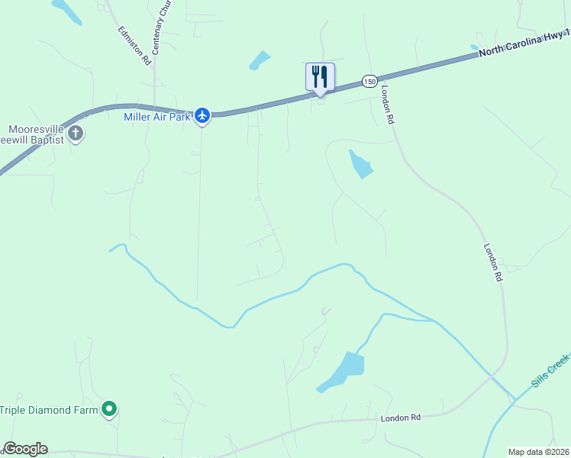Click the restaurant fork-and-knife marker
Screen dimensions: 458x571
pos(320,77)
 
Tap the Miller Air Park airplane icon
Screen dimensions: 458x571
pos(202,115)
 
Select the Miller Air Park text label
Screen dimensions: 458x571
pos(156,117)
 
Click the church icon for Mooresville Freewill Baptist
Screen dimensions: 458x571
pos(76,134)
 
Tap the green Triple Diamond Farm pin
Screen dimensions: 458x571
pos(109,410)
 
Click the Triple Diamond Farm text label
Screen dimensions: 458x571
pos(49,410)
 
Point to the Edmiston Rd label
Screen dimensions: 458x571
pos(134,46)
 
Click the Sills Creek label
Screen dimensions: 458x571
pos(550,370)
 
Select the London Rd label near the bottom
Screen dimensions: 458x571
pos(401,418)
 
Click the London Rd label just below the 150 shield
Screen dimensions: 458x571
pos(388,104)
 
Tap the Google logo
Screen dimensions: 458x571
pos(24,449)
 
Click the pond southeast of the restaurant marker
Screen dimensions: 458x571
pos(360,163)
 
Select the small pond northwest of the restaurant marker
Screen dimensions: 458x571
pos(260,60)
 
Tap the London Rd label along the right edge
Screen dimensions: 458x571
pos(492,263)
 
